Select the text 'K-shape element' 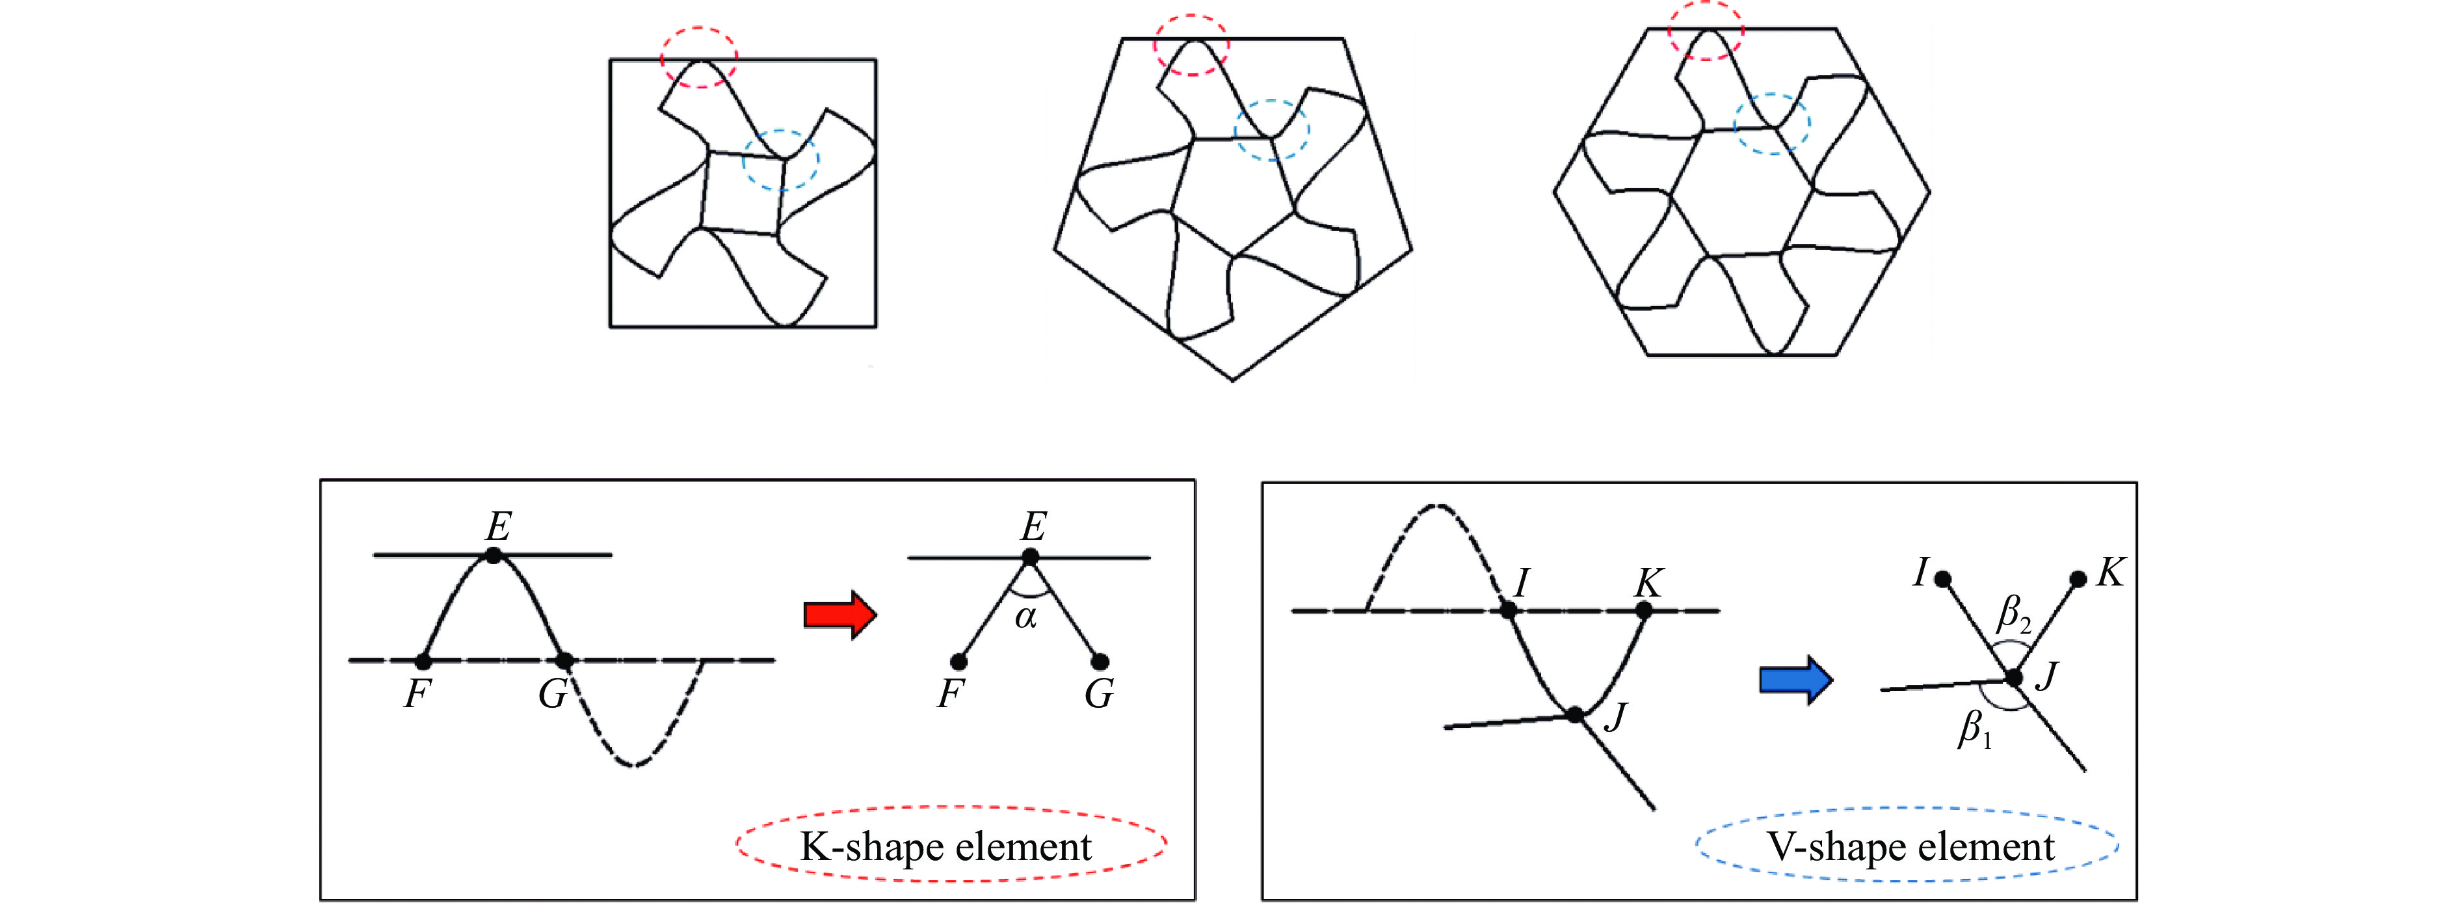coord(945,846)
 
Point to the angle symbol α coord(1025,617)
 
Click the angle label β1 coord(1976,729)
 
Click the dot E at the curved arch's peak coord(494,554)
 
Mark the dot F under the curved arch coord(423,660)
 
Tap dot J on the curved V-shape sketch coord(1576,714)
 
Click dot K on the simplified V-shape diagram coord(2078,578)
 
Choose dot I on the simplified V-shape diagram coord(1943,578)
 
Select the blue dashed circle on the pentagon coord(1272,130)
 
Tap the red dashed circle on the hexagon coord(1706,31)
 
